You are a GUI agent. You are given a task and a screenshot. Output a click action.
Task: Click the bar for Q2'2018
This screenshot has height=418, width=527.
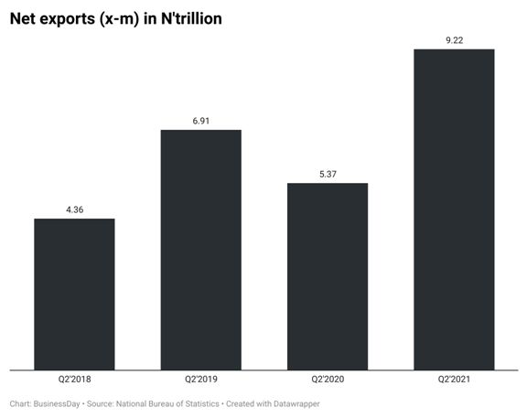[74, 295]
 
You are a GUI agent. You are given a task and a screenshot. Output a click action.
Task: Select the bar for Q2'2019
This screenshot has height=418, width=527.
[201, 250]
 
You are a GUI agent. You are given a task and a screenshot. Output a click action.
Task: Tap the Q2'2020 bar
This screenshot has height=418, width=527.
[328, 276]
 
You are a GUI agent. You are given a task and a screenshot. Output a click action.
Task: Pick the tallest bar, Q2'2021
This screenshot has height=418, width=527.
[454, 209]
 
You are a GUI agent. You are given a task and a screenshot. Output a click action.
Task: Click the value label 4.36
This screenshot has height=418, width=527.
[75, 210]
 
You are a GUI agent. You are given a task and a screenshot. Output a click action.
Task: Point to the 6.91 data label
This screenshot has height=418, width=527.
[201, 122]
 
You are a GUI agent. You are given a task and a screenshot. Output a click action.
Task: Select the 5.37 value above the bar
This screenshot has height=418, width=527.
[328, 175]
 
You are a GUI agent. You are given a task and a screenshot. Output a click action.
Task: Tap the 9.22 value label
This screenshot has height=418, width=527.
[454, 40]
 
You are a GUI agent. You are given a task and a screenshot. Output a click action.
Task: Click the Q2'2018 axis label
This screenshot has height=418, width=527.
[74, 378]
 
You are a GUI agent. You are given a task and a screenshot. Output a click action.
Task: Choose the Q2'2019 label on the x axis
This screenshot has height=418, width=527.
[201, 378]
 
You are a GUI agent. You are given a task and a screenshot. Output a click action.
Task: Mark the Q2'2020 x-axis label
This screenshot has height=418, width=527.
[328, 378]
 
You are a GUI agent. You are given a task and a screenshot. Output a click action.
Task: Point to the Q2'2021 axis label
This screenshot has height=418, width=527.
[454, 378]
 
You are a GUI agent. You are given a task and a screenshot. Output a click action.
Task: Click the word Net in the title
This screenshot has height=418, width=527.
[26, 18]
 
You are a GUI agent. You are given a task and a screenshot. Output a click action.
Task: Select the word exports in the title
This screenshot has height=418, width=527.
[76, 18]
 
